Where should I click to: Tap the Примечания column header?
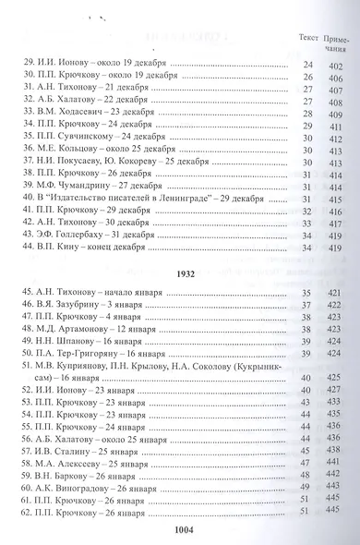[x=339, y=41]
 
